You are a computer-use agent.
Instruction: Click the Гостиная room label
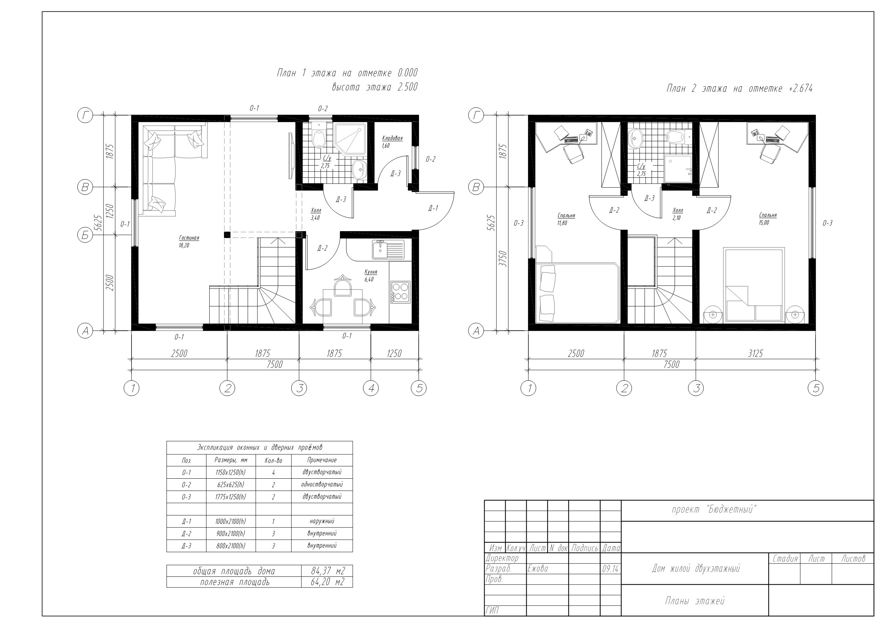189,238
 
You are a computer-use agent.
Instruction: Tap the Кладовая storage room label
392,138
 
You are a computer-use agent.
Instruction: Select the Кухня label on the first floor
371,272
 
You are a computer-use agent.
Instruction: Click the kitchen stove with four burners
400,292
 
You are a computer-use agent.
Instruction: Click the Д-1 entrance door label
433,208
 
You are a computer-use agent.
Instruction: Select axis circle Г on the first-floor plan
85,115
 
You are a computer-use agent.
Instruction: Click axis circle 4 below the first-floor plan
371,388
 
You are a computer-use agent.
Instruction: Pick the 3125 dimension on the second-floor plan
755,353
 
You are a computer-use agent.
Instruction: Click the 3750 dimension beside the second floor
502,259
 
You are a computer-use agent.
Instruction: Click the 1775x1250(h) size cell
230,497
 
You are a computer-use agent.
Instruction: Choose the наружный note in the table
322,521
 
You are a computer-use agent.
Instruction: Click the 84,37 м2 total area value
327,571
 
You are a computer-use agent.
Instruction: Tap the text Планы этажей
695,601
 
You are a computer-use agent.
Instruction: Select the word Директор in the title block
502,558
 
